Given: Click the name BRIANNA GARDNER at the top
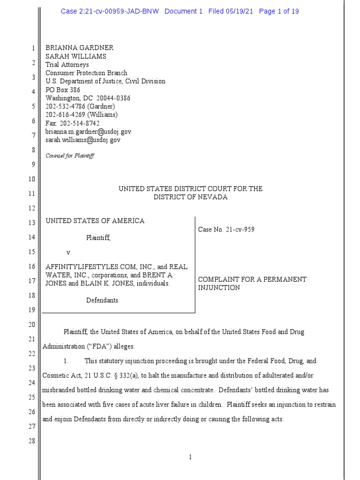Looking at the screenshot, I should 79,48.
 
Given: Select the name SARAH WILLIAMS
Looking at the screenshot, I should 75,56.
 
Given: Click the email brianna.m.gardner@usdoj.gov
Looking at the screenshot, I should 88,132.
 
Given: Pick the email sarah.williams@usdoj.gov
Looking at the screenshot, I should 83,140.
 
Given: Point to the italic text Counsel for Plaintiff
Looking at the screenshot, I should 70,156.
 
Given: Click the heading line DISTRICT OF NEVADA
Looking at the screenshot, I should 190,197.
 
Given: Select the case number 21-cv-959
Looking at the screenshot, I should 240,230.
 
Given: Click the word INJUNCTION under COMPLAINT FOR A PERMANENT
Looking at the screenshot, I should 219,288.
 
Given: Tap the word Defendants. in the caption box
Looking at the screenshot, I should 103,300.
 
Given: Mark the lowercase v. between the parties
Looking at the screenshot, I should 69,253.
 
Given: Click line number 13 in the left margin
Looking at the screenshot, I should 33,223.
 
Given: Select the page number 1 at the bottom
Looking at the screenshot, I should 190,457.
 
